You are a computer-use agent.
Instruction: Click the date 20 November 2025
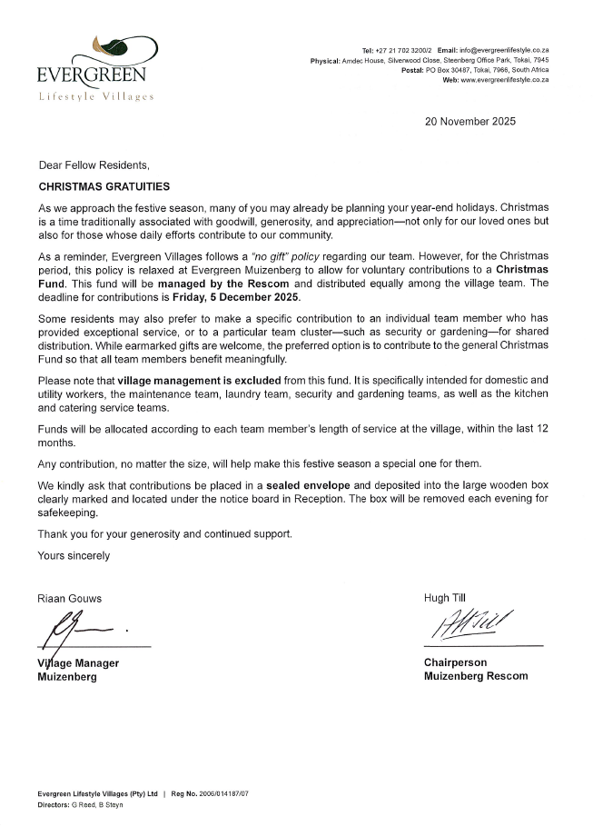click(x=469, y=121)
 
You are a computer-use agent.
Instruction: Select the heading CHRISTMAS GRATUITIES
click(x=104, y=186)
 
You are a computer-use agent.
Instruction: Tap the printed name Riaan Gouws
click(x=70, y=598)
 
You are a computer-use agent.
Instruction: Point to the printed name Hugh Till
click(x=444, y=597)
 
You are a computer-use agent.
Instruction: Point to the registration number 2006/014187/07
click(x=218, y=793)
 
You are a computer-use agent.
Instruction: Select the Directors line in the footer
click(x=82, y=805)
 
